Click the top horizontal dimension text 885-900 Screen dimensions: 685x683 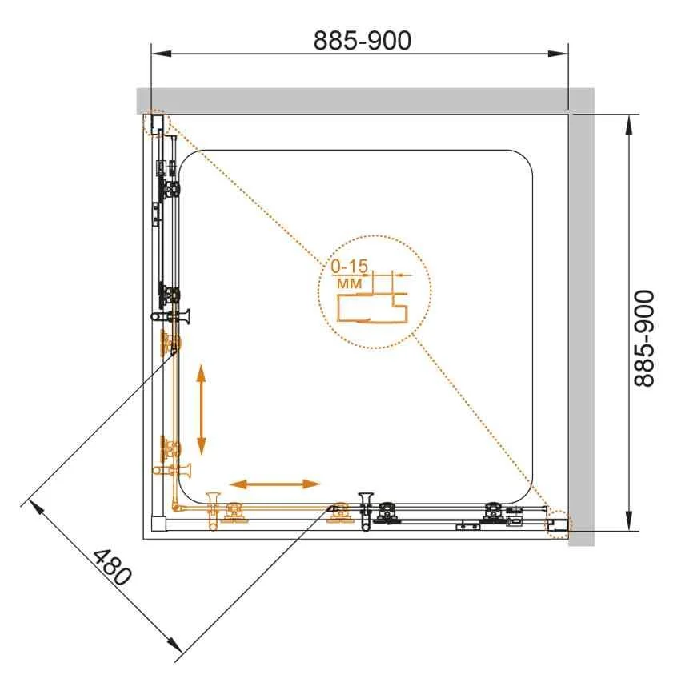363,41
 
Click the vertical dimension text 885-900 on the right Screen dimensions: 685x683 644,338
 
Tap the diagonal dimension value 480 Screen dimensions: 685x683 112,567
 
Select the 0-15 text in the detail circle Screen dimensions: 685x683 349,266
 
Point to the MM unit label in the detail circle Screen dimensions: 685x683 350,283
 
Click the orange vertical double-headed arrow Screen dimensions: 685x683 202,409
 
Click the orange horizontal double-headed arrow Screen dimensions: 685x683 274,484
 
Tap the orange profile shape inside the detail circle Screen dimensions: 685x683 372,308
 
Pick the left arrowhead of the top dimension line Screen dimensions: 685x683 161,54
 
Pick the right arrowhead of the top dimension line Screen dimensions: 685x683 558,54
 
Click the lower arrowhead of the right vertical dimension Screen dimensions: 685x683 628,520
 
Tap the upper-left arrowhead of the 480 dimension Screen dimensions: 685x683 36,508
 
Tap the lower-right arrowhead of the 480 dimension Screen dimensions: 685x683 174,646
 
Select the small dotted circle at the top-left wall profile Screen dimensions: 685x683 155,123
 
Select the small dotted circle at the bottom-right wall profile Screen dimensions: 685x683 559,524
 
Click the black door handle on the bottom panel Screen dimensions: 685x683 365,512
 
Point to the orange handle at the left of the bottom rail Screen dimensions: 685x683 213,512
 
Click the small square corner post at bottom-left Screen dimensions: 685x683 159,524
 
